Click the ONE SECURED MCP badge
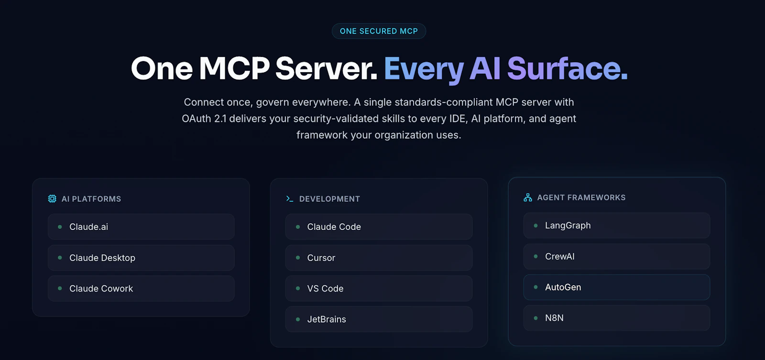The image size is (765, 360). click(x=379, y=31)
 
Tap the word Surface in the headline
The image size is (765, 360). click(x=567, y=68)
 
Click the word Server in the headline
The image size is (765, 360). click(x=326, y=68)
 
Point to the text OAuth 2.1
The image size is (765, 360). click(x=204, y=119)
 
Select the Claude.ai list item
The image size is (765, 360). click(x=141, y=227)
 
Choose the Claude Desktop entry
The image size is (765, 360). click(x=141, y=258)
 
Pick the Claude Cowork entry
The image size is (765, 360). click(x=141, y=288)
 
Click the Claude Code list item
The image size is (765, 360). click(x=379, y=227)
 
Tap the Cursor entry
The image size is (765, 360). click(x=379, y=258)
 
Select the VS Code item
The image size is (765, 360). click(x=379, y=288)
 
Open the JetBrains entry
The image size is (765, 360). click(x=379, y=319)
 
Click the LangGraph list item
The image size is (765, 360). click(x=617, y=226)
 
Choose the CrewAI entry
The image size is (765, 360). click(x=617, y=256)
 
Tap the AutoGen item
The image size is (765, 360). click(x=617, y=287)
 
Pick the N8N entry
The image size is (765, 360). click(x=617, y=317)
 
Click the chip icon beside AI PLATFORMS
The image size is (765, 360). click(x=52, y=199)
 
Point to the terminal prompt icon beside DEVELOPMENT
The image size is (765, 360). click(x=290, y=199)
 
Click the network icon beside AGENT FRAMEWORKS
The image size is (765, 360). click(x=528, y=197)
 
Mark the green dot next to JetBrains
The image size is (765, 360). click(x=298, y=319)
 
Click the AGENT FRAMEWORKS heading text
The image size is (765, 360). click(x=581, y=197)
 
